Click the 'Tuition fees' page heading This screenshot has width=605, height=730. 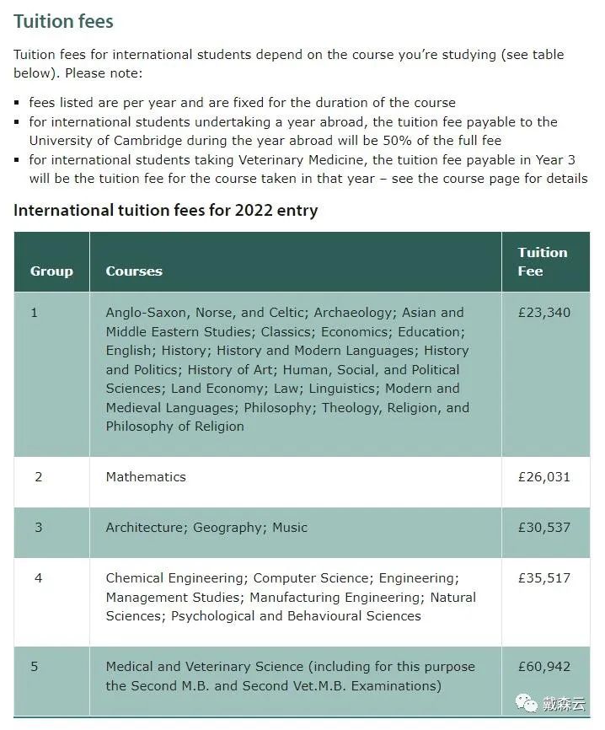coord(63,21)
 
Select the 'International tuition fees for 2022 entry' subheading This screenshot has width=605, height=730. coord(165,210)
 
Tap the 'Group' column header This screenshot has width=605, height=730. coord(51,271)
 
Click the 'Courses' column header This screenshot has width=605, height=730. coord(134,271)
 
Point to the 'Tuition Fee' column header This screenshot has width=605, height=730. coord(543,261)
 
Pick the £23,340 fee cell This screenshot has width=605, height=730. coord(544,313)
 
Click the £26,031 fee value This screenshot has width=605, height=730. coord(544,477)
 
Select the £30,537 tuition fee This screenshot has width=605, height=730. coord(544,528)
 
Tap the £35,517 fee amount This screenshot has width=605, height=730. coord(544,578)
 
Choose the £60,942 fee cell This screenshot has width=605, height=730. coord(544,667)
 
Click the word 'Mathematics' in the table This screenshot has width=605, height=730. coord(146,477)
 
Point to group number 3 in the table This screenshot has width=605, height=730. coord(38,528)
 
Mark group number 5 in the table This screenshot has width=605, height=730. coord(35,667)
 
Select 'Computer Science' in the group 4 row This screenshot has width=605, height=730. coord(311,578)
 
